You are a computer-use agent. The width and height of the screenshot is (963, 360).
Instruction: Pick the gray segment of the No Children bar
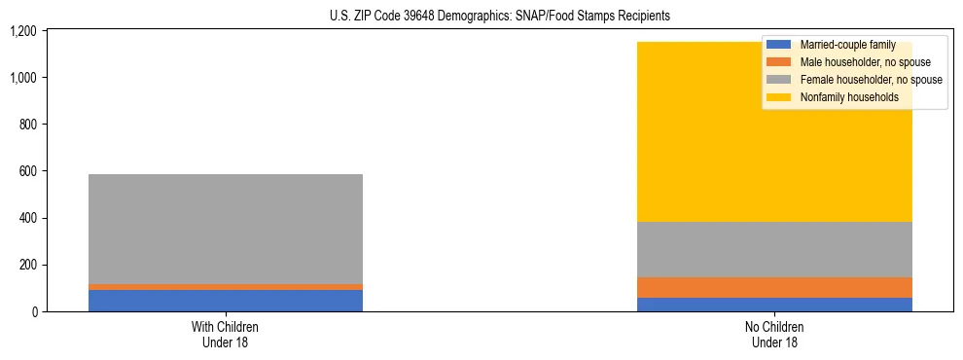[775, 250]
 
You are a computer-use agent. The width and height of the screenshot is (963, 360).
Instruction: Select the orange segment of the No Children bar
[775, 287]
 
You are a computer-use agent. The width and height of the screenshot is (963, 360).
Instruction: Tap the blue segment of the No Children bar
[775, 305]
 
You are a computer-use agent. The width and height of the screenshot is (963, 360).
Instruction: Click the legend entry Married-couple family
[846, 45]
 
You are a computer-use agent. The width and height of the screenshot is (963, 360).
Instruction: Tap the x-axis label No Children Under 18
[775, 334]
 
